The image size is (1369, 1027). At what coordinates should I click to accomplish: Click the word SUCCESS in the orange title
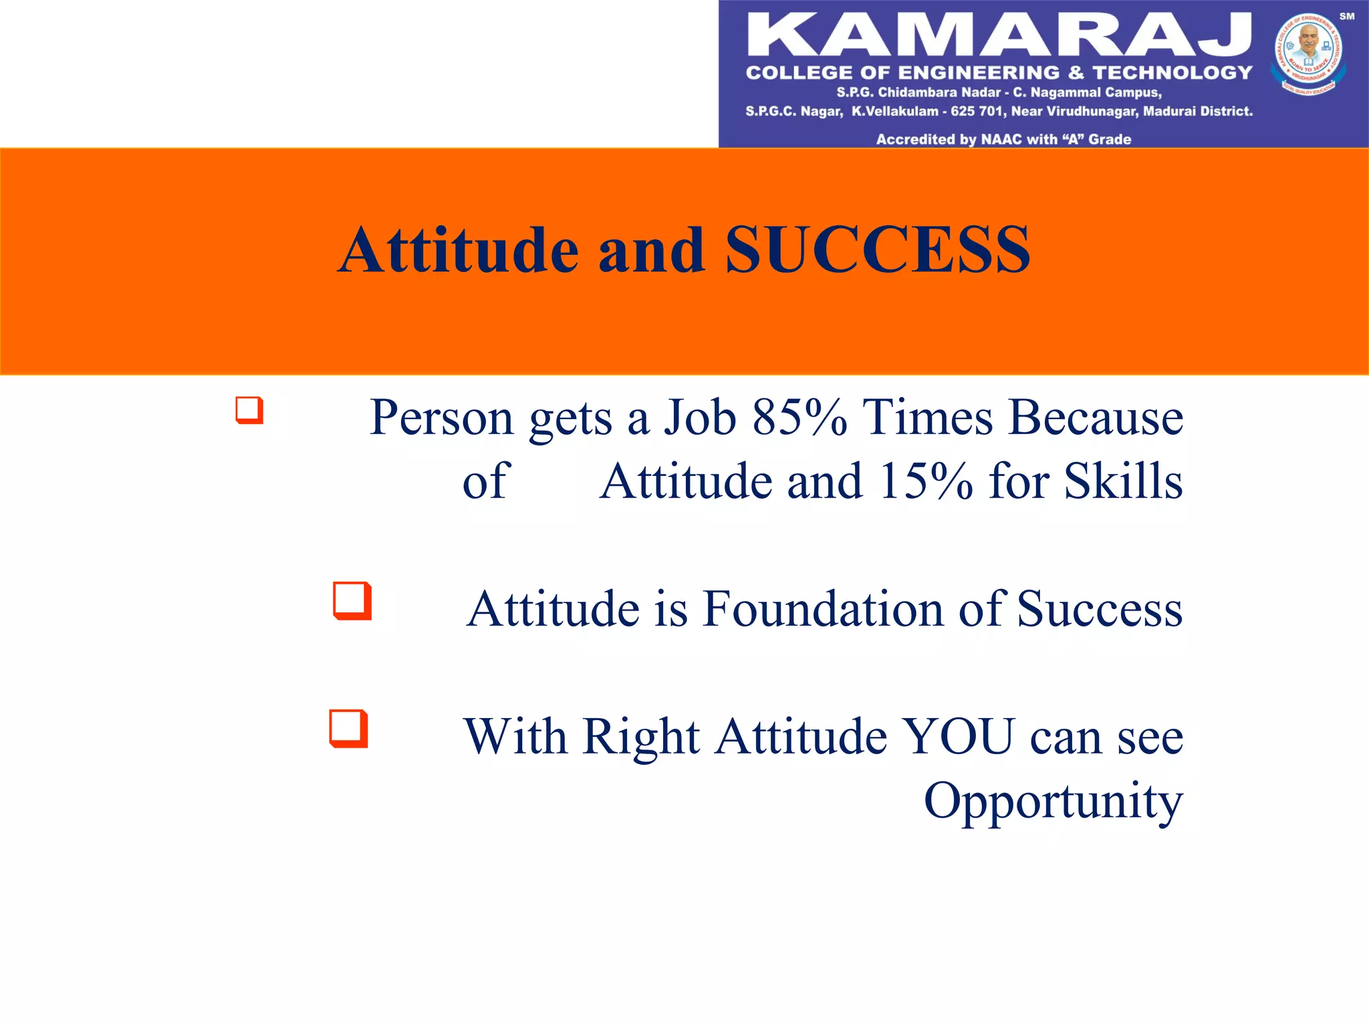coord(877,250)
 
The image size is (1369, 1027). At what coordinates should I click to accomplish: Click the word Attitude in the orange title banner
coord(459,250)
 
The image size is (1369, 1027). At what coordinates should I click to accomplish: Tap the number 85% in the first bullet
coord(799,417)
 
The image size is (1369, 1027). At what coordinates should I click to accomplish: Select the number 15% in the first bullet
coord(926,481)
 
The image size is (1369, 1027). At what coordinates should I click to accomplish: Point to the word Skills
coord(1123,481)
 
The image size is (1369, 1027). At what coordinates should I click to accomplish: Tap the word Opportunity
coord(1053,802)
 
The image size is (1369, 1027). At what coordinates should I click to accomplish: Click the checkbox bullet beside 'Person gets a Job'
coord(249,410)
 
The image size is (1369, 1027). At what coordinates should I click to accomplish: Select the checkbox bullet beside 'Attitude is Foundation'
coord(352,600)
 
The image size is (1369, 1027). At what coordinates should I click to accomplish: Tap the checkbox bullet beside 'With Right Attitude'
coord(348,728)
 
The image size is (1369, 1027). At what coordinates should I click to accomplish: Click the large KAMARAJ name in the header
coord(999,35)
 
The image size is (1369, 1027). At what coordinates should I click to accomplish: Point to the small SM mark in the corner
coord(1346,16)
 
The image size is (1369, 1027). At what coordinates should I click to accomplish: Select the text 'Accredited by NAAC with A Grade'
coord(1003,139)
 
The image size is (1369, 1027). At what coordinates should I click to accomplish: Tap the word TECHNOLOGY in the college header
coord(1172,72)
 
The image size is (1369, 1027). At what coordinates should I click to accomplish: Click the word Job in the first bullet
coord(700,417)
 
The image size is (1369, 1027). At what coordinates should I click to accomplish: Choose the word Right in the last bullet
coord(641,737)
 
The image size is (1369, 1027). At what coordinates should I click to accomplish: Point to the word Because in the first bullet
coord(1096,417)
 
